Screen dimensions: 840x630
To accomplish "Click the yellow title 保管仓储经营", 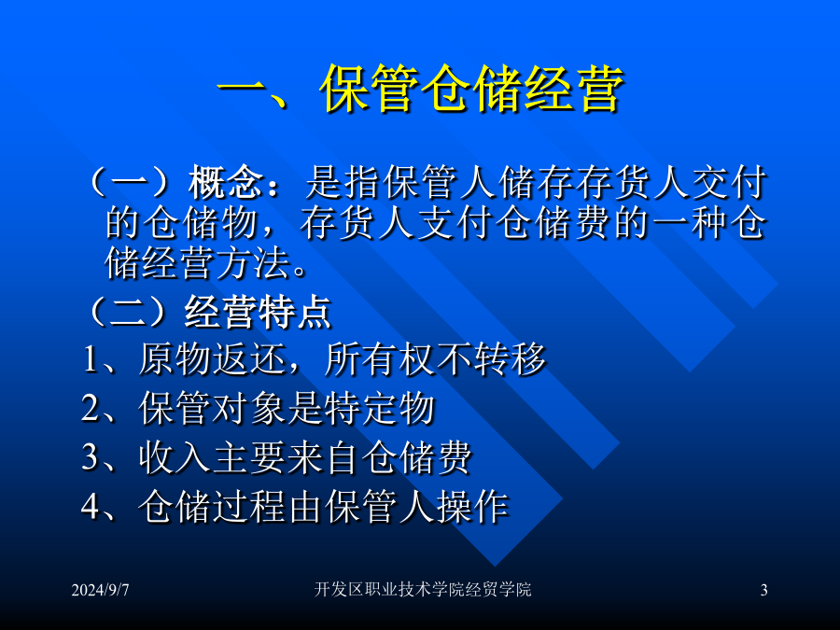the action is pos(472,90).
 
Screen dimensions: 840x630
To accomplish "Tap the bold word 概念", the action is pos(226,183).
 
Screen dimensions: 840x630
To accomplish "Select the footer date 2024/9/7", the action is pos(100,590).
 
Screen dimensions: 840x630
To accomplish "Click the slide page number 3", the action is pos(763,590).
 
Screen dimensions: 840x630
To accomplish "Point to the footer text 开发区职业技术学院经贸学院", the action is pos(423,589).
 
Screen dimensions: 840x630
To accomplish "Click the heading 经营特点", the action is pos(259,312).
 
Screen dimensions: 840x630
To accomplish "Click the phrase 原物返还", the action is pos(213,359).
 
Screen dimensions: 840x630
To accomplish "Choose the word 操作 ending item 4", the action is pos(472,506).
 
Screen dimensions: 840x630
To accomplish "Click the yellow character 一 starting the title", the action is pos(242,90).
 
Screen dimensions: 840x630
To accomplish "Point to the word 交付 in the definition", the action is pos(729,183).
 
